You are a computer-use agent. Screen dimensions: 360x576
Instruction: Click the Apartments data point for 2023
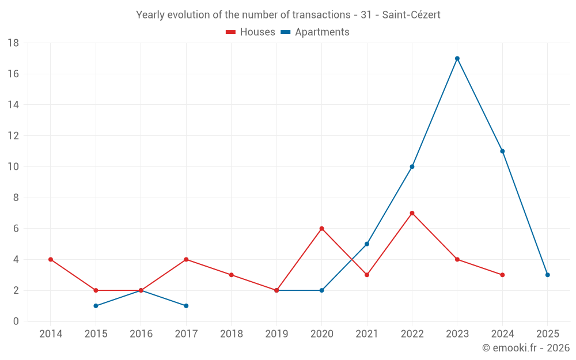pyautogui.click(x=457, y=58)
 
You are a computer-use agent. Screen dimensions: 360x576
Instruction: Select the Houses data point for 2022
pyautogui.click(x=412, y=213)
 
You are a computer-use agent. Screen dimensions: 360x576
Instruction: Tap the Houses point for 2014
pyautogui.click(x=51, y=259)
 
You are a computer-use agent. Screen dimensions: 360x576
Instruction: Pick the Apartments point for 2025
pyautogui.click(x=547, y=275)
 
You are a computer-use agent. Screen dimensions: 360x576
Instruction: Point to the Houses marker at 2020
pyautogui.click(x=321, y=229)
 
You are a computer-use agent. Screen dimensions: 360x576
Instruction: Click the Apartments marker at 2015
pyautogui.click(x=96, y=306)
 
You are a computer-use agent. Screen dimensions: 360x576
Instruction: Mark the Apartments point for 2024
pyautogui.click(x=502, y=151)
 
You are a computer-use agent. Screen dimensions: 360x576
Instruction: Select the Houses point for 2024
pyautogui.click(x=502, y=275)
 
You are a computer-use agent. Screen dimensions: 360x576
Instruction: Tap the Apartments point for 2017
pyautogui.click(x=186, y=306)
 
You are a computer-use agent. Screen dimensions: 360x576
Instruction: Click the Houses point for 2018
pyautogui.click(x=231, y=275)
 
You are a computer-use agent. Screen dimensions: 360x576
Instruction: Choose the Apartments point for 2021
pyautogui.click(x=367, y=244)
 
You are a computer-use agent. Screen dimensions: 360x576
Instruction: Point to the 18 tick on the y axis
pyautogui.click(x=13, y=43)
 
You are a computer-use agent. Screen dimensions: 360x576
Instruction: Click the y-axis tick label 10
pyautogui.click(x=13, y=167)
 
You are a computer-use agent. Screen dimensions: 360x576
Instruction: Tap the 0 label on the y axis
pyautogui.click(x=16, y=321)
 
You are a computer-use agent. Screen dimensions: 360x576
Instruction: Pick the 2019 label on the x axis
pyautogui.click(x=276, y=334)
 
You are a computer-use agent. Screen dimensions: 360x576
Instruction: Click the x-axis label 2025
pyautogui.click(x=547, y=334)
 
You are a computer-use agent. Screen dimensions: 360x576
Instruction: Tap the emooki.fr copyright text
pyautogui.click(x=525, y=348)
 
